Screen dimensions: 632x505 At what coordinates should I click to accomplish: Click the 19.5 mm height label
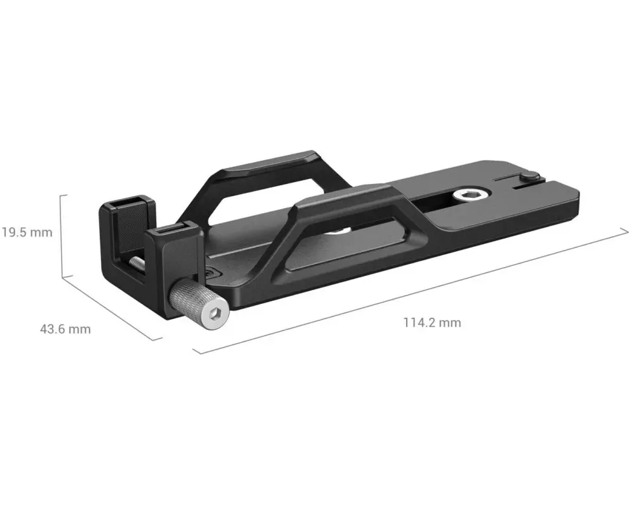click(27, 232)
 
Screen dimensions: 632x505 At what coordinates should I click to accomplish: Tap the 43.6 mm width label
click(65, 329)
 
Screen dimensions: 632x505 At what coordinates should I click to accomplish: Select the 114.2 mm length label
click(432, 322)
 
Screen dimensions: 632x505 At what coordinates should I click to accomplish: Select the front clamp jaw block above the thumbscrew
click(173, 251)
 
